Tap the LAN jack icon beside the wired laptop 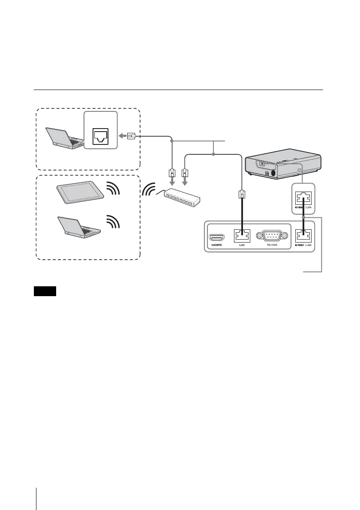pyautogui.click(x=100, y=136)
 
